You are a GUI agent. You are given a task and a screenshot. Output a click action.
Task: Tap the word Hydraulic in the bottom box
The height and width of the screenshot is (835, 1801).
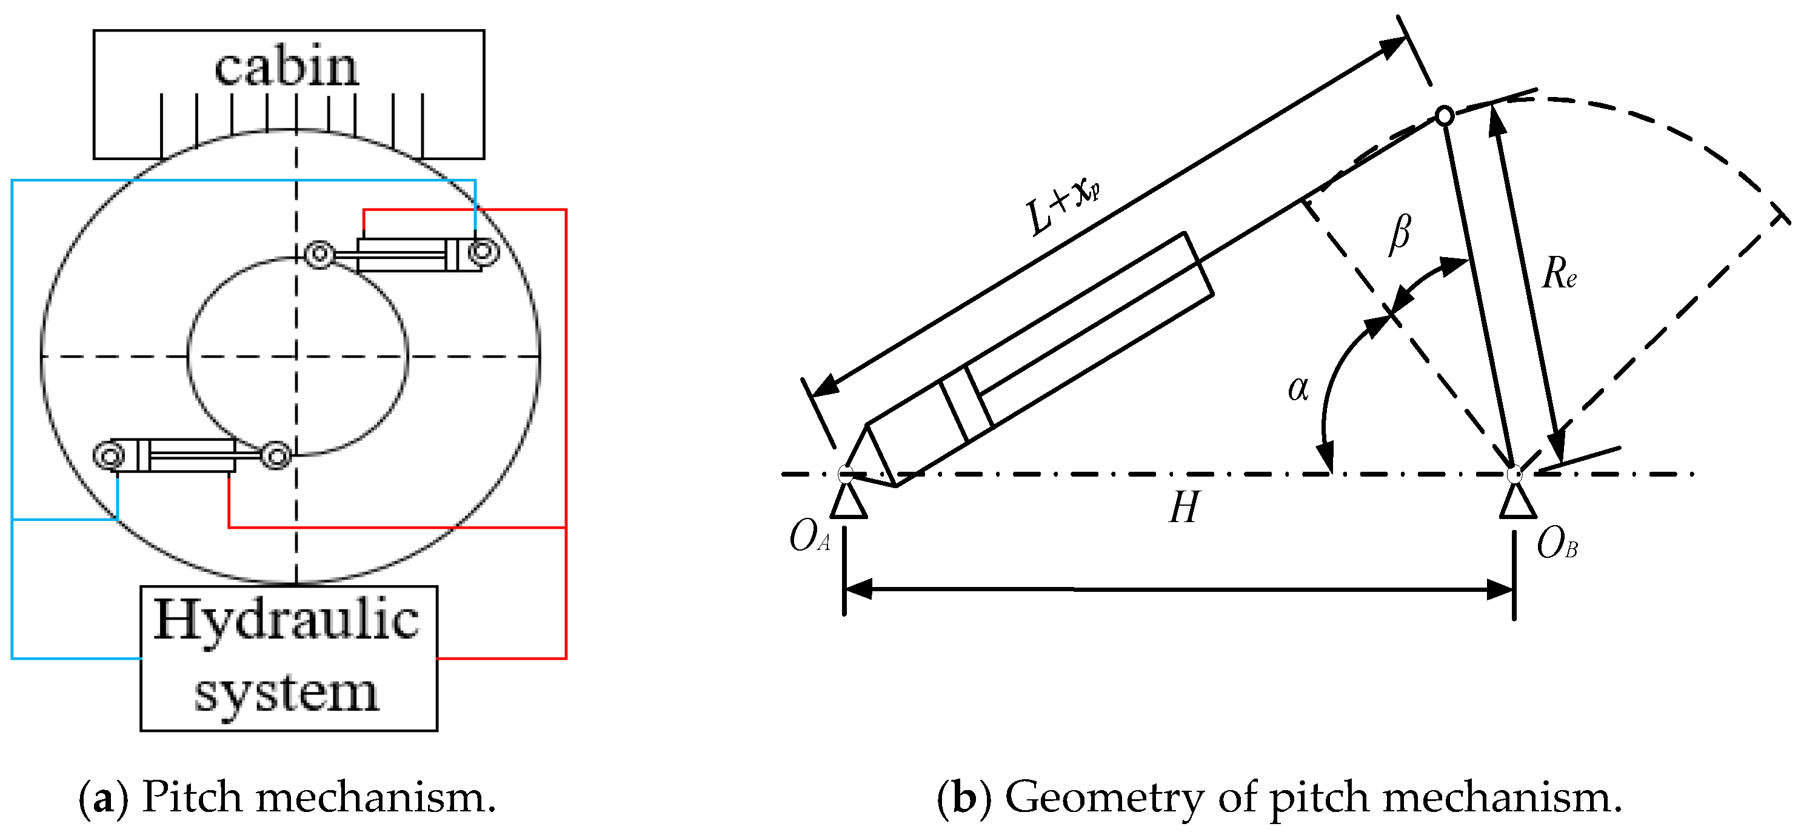[287, 620]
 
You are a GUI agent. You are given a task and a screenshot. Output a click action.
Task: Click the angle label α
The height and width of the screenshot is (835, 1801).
[1298, 389]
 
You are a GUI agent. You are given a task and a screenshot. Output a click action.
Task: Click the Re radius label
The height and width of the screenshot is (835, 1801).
[1559, 273]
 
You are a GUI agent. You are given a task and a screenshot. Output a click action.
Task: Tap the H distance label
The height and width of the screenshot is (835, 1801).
[1184, 508]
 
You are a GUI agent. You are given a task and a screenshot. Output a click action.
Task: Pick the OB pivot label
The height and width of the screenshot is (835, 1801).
[1556, 544]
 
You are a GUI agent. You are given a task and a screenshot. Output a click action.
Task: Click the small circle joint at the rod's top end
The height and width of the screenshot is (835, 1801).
[1445, 115]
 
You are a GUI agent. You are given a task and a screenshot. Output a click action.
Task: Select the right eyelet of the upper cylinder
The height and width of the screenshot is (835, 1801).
[483, 252]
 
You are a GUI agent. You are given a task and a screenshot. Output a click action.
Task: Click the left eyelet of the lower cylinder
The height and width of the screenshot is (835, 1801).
[109, 456]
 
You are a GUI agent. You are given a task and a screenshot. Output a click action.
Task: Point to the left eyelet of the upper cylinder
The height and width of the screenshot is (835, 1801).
[319, 253]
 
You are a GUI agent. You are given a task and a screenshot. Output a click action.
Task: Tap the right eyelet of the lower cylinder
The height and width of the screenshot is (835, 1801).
[276, 456]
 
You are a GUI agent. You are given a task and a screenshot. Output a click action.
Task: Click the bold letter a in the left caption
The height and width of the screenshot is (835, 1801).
[104, 797]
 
